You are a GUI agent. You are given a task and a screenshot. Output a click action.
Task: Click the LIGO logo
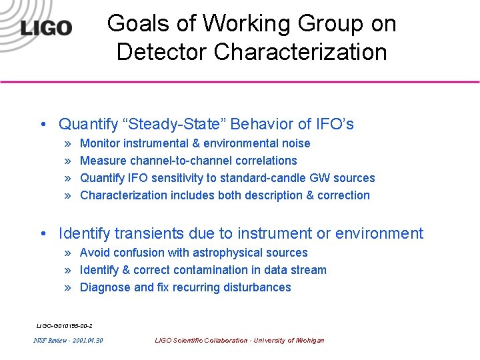click(x=46, y=28)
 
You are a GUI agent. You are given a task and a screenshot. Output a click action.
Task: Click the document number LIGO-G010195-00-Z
click(x=64, y=325)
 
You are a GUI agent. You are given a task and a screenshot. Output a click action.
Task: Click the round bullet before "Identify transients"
click(x=43, y=234)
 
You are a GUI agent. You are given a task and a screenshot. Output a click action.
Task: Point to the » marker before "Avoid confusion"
click(x=69, y=253)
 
